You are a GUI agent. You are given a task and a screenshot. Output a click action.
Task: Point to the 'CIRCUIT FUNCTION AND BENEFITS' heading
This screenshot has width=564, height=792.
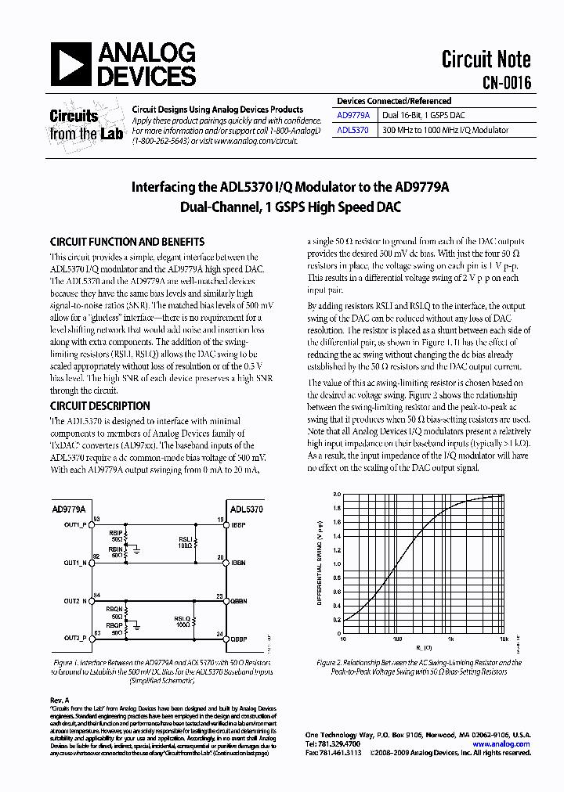click(127, 242)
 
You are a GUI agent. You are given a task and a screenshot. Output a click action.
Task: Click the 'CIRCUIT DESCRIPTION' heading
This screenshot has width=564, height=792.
click(99, 406)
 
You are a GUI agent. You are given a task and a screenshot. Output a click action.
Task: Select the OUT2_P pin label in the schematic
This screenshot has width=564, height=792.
click(76, 639)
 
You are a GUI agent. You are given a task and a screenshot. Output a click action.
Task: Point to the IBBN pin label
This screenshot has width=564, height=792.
click(238, 563)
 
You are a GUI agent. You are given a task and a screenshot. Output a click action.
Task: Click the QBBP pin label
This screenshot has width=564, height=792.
click(239, 639)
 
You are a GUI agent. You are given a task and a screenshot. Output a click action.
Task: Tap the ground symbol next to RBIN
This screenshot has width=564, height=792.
click(137, 550)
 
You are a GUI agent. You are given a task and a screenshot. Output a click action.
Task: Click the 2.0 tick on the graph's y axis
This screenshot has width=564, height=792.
click(336, 495)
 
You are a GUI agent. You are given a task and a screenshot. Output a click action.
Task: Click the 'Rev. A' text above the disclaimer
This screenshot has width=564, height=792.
click(60, 699)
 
